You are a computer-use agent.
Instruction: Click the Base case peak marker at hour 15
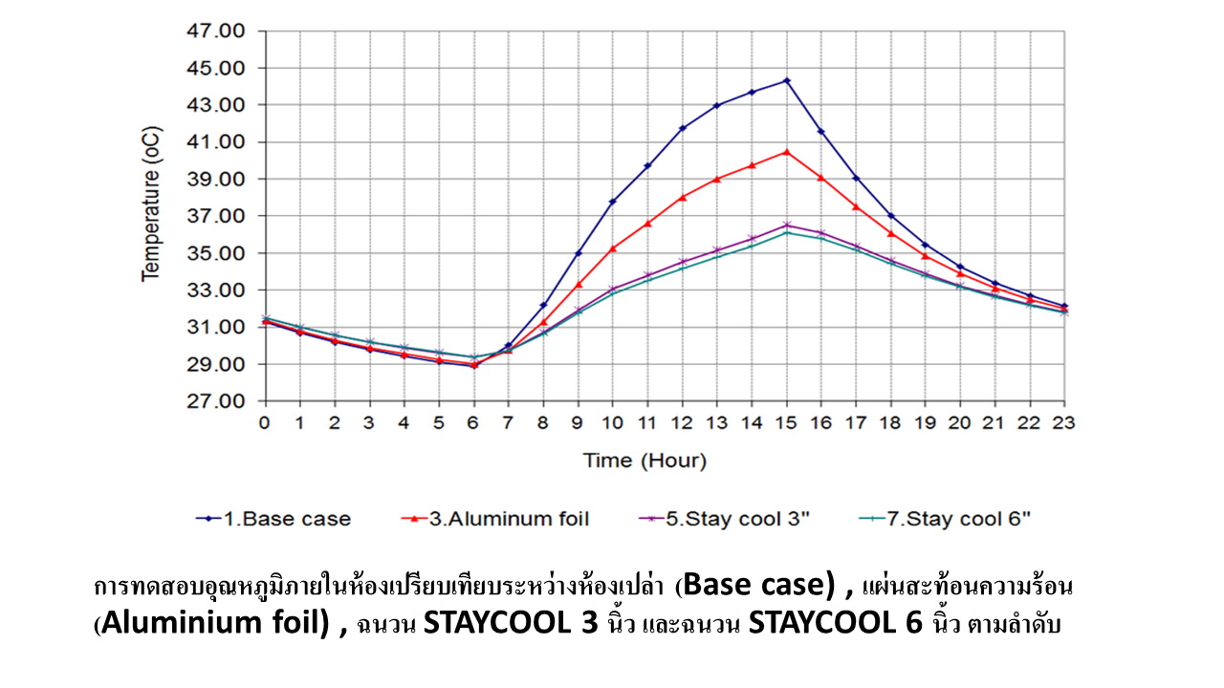coord(787,80)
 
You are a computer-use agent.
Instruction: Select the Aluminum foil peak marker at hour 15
coord(787,151)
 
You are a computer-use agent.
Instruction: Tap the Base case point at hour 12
coord(683,128)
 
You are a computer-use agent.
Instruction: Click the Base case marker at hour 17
coord(856,179)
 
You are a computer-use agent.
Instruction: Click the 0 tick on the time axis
coord(265,422)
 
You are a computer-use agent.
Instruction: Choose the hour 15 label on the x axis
coord(787,422)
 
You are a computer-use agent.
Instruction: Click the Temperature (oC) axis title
coord(151,216)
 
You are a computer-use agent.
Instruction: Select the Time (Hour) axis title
coord(645,461)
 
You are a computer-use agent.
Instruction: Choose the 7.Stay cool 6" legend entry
coord(957,520)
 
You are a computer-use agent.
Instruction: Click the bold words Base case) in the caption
coord(760,583)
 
